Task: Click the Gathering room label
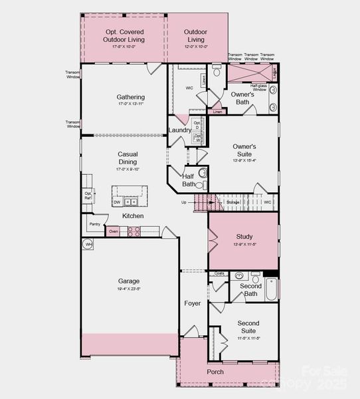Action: click(131, 97)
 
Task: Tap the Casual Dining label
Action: click(128, 158)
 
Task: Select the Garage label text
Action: click(129, 281)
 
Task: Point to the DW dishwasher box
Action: click(117, 202)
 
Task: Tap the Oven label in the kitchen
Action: click(114, 231)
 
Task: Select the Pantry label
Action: click(94, 224)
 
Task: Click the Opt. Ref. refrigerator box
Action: click(88, 196)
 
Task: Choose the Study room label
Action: click(244, 237)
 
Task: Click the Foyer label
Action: click(193, 303)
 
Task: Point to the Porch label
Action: click(215, 372)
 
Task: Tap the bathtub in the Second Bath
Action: click(271, 289)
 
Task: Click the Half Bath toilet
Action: click(203, 174)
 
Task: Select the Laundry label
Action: click(180, 130)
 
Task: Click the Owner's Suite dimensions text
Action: click(244, 160)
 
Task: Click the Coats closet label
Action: click(219, 273)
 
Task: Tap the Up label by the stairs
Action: click(183, 202)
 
